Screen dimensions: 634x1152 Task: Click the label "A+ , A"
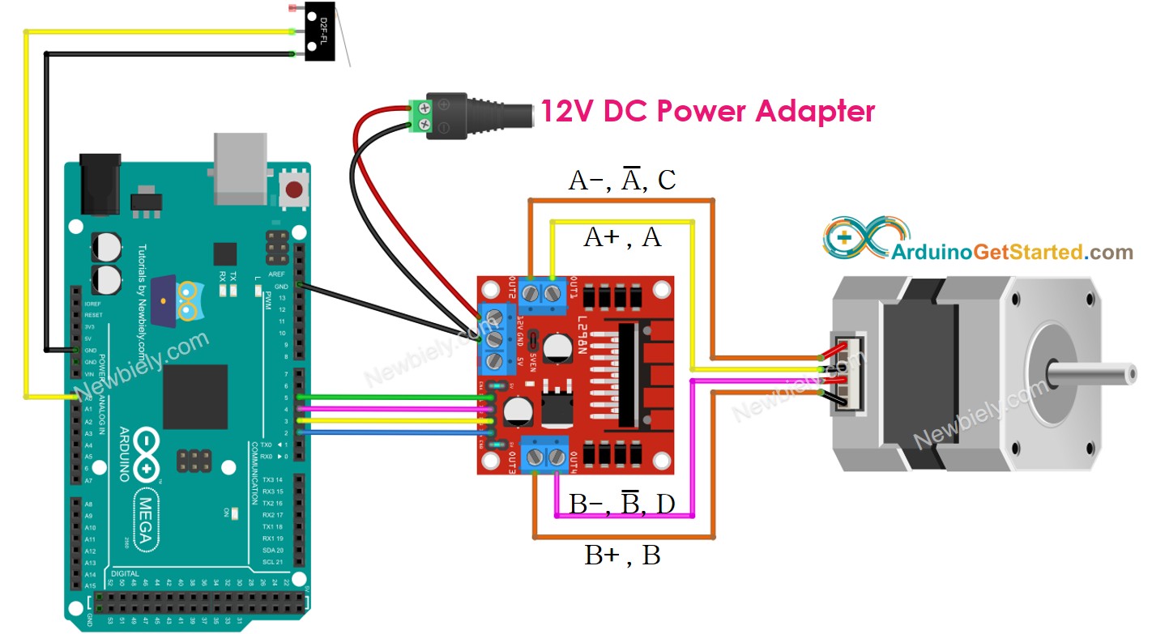click(622, 236)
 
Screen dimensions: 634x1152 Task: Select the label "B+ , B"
click(622, 555)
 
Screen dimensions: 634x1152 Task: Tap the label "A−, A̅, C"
click(622, 180)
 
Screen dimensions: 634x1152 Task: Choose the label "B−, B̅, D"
click(622, 504)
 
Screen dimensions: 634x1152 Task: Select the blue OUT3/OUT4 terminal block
click(545, 455)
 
